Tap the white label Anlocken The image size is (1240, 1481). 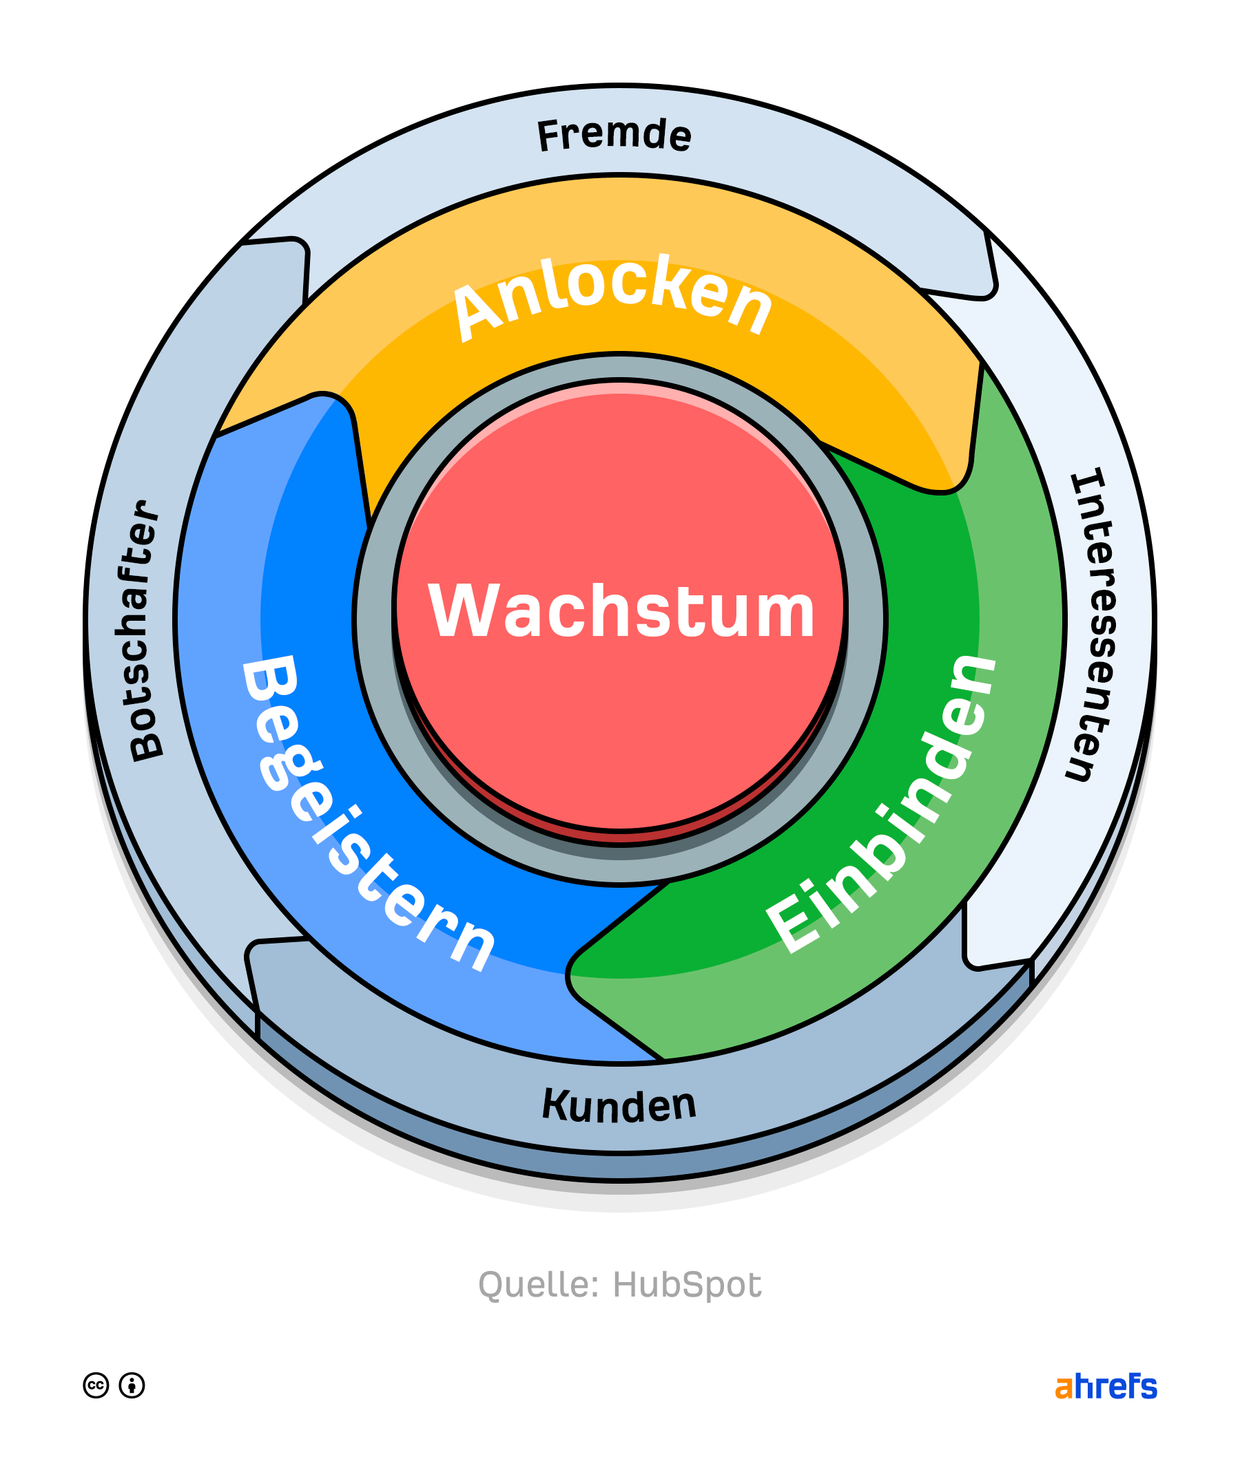[x=612, y=297]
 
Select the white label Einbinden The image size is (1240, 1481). [x=882, y=805]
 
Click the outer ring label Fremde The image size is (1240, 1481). [x=614, y=134]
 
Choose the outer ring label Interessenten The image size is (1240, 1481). [x=1092, y=624]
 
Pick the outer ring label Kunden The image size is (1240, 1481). [x=619, y=1105]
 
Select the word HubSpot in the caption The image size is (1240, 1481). [x=687, y=1284]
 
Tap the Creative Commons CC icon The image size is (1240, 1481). [x=96, y=1385]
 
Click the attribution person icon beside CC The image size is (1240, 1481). [x=132, y=1385]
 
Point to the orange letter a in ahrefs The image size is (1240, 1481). [x=1063, y=1388]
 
